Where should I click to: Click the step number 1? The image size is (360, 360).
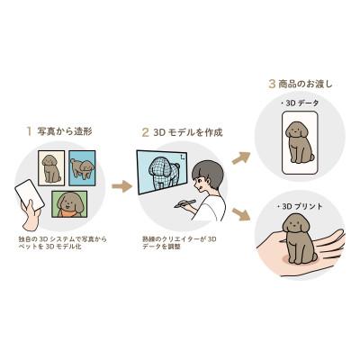pos(29,131)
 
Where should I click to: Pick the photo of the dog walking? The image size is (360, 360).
pos(80,168)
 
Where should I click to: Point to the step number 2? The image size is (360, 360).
pos(145,131)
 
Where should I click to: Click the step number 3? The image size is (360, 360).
pos(272,84)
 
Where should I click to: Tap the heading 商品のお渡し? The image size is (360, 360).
pos(307,84)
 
